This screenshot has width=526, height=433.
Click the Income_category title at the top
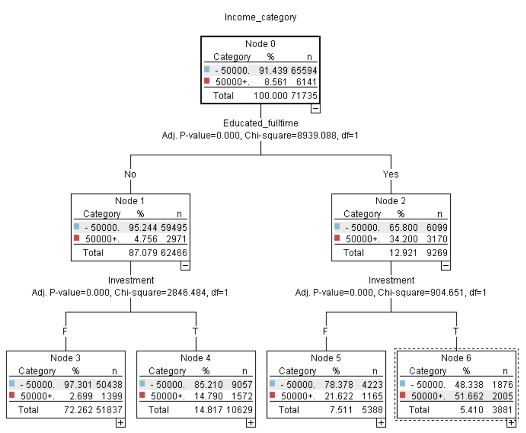pos(260,17)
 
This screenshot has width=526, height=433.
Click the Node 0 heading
pos(260,44)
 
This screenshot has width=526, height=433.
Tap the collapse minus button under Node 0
pos(315,108)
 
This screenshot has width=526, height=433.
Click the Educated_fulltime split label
pos(260,123)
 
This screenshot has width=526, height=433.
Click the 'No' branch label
pos(130,174)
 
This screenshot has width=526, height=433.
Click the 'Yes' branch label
pos(390,174)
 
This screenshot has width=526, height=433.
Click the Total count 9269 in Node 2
pos(437,253)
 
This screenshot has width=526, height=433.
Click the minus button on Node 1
pos(185,265)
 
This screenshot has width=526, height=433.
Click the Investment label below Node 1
pos(130,280)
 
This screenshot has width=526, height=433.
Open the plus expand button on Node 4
pos(250,423)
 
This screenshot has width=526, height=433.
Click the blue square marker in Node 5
pos(273,384)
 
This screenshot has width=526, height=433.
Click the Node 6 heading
pos(455,358)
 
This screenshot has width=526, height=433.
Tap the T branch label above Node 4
pos(195,331)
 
